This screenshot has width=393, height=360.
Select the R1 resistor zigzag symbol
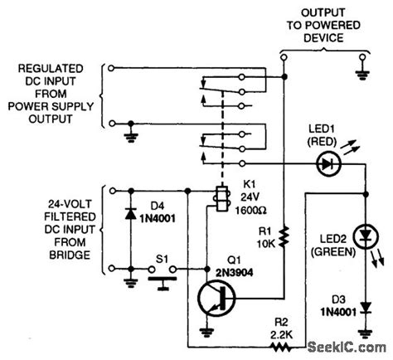284,236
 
